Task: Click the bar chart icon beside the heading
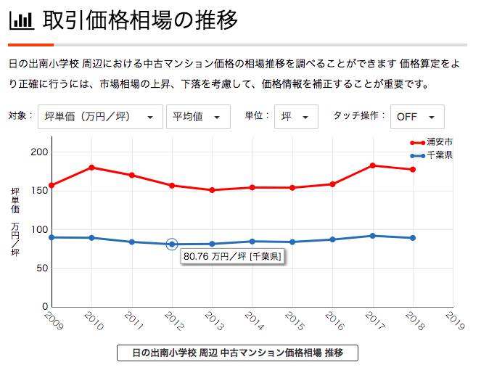pyautogui.click(x=21, y=20)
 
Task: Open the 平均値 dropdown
pyautogui.click(x=198, y=117)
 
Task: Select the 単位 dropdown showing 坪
pyautogui.click(x=296, y=117)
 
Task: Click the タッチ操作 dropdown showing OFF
pyautogui.click(x=416, y=117)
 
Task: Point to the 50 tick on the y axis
pyautogui.click(x=41, y=268)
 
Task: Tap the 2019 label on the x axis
pyautogui.click(x=454, y=321)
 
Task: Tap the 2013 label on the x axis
pyautogui.click(x=213, y=321)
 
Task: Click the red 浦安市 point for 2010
pyautogui.click(x=91, y=168)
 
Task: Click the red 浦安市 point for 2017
pyautogui.click(x=373, y=165)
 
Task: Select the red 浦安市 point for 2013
pyautogui.click(x=212, y=190)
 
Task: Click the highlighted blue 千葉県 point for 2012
pyautogui.click(x=172, y=244)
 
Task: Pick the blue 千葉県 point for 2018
pyautogui.click(x=413, y=238)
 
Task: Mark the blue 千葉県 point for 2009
pyautogui.click(x=52, y=237)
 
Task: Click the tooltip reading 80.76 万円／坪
pyautogui.click(x=232, y=256)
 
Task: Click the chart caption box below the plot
pyautogui.click(x=237, y=353)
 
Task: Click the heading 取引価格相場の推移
pyautogui.click(x=141, y=20)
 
